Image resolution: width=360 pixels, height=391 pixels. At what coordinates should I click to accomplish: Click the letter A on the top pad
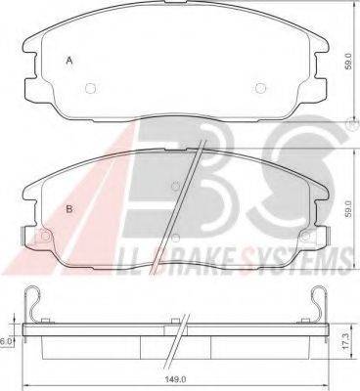(x=69, y=61)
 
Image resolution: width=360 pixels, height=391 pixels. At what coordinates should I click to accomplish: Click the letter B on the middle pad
(x=69, y=209)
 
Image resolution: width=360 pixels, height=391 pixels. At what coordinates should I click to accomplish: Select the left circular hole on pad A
(x=90, y=88)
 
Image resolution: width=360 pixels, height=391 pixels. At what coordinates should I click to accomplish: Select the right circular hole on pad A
(x=260, y=88)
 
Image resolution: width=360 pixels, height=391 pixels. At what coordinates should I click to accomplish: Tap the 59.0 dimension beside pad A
(x=348, y=61)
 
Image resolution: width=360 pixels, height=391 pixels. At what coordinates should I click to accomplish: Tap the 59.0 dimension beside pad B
(x=348, y=209)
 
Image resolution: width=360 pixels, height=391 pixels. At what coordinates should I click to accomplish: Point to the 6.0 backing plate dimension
(x=6, y=341)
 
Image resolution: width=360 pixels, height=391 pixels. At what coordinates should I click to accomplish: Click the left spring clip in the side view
(x=32, y=303)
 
